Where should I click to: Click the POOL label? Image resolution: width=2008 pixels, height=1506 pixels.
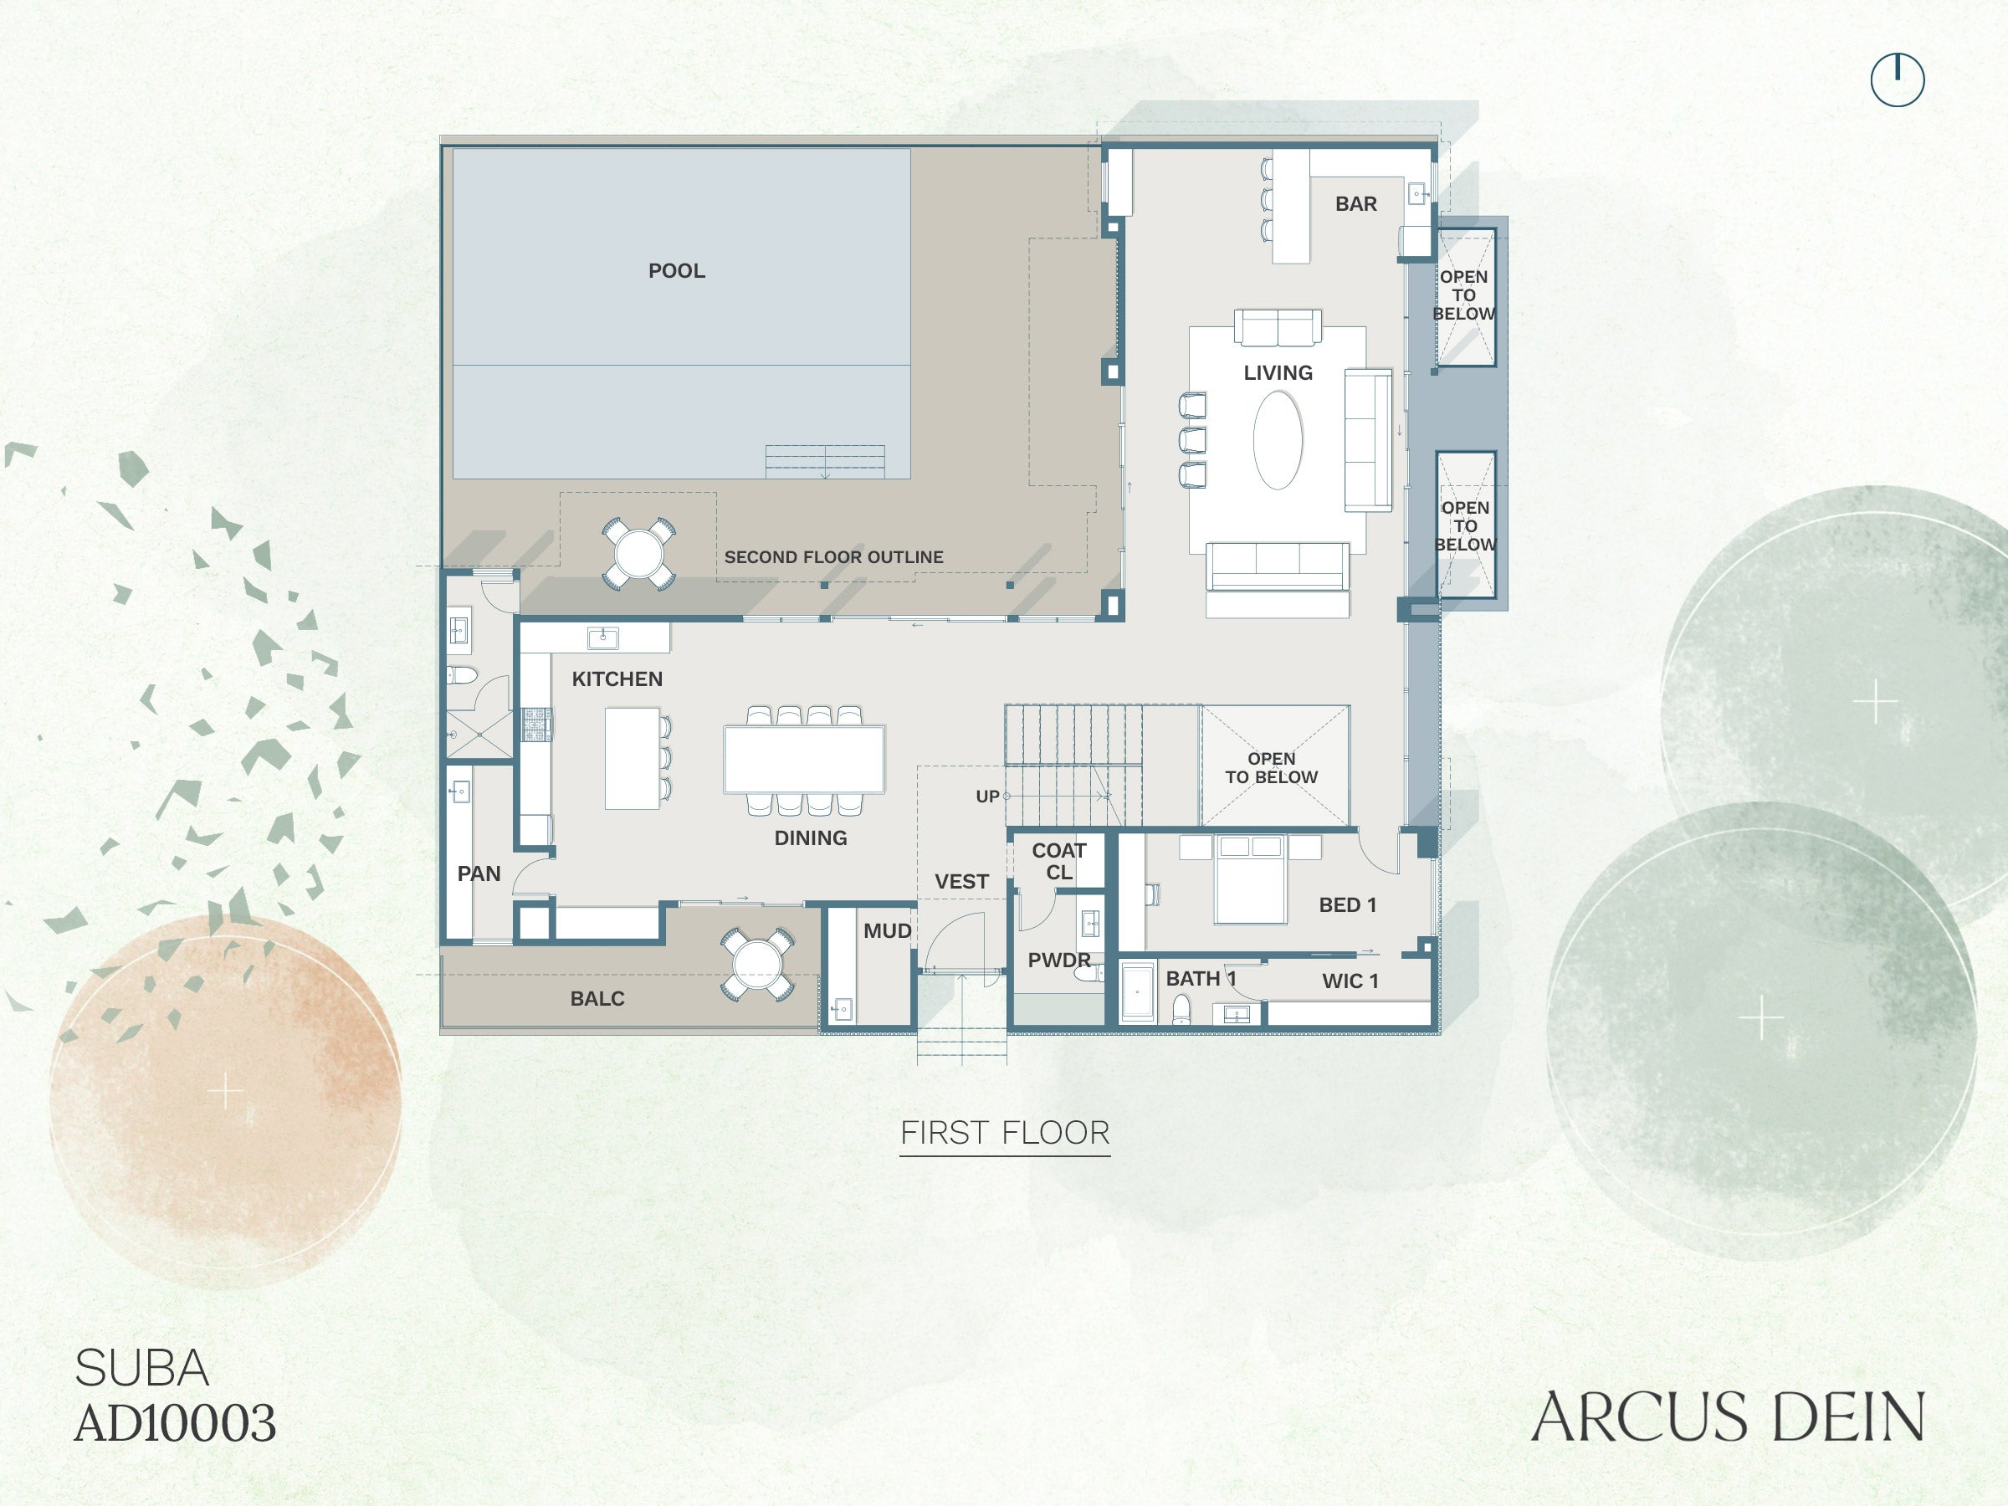[676, 270]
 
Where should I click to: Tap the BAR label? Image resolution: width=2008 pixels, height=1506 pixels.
[1355, 204]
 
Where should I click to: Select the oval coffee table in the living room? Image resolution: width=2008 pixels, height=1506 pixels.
[1278, 440]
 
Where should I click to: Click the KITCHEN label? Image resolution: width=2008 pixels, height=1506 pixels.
[617, 679]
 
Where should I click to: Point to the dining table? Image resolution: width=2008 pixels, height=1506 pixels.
[804, 760]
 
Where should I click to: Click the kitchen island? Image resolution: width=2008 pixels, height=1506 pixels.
[632, 758]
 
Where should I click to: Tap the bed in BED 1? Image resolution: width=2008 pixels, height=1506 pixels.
[1250, 878]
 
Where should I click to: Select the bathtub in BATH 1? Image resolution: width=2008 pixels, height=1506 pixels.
[1137, 992]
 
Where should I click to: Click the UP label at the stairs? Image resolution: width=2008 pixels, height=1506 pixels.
[986, 797]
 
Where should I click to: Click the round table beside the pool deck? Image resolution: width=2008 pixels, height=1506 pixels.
[638, 554]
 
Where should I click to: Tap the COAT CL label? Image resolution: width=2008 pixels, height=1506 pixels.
[1058, 862]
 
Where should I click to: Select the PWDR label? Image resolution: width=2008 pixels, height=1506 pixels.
[1058, 960]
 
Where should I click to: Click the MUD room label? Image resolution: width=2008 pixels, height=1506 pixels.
[887, 931]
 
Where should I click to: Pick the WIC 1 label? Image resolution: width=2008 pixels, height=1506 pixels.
[1350, 981]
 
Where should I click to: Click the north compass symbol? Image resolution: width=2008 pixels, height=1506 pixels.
[1898, 79]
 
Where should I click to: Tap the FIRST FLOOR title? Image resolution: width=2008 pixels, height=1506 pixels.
[1005, 1133]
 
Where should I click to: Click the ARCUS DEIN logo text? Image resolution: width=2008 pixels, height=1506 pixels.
[1728, 1417]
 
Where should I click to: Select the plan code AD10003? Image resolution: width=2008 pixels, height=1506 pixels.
[175, 1422]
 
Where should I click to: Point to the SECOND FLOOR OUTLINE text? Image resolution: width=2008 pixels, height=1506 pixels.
[833, 557]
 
